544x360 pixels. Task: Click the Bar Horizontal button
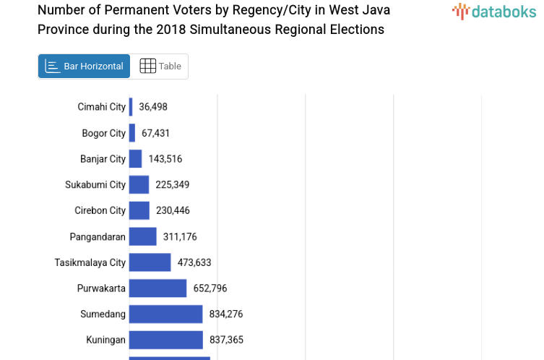(x=84, y=66)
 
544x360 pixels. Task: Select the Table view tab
(x=160, y=66)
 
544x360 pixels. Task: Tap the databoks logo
(x=494, y=11)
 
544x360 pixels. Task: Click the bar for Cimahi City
(x=131, y=107)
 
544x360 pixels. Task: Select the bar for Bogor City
(x=132, y=133)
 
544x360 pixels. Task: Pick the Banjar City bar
(x=135, y=159)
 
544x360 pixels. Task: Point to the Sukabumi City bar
(x=139, y=184)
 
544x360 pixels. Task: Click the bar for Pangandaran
(x=142, y=236)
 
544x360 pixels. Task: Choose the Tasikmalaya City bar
(x=150, y=262)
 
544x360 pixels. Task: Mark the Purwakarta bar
(x=157, y=288)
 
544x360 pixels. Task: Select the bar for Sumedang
(x=165, y=314)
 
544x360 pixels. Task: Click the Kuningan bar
(x=165, y=340)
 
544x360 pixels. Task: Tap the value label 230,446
(x=173, y=210)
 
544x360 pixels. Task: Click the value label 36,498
(x=153, y=107)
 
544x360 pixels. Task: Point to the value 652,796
(x=210, y=288)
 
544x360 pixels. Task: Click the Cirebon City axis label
(x=100, y=210)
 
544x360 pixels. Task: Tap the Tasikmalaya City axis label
(x=90, y=262)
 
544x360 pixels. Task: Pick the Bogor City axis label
(x=103, y=133)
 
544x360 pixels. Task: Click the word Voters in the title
(x=184, y=10)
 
